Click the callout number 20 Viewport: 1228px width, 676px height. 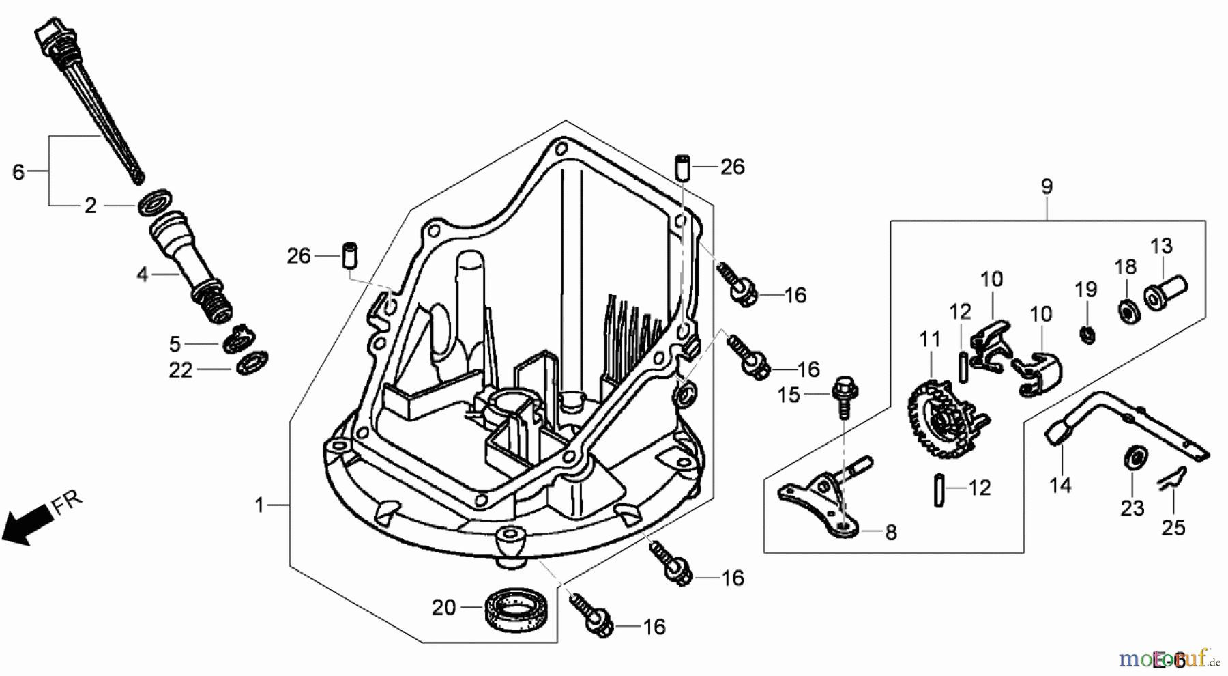tap(443, 607)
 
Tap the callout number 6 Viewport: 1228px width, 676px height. tap(18, 171)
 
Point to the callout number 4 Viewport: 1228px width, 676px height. tap(142, 274)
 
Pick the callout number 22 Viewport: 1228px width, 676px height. tap(181, 370)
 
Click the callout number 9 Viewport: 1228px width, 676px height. tap(1047, 186)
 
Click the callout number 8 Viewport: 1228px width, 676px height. tap(891, 533)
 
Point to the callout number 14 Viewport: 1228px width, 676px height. tap(1060, 485)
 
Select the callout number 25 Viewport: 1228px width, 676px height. tap(1173, 527)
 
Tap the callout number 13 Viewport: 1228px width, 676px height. tap(1161, 246)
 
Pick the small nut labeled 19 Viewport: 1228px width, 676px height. tap(1087, 335)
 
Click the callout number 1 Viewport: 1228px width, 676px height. tap(259, 505)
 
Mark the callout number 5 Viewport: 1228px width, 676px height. tap(175, 343)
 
